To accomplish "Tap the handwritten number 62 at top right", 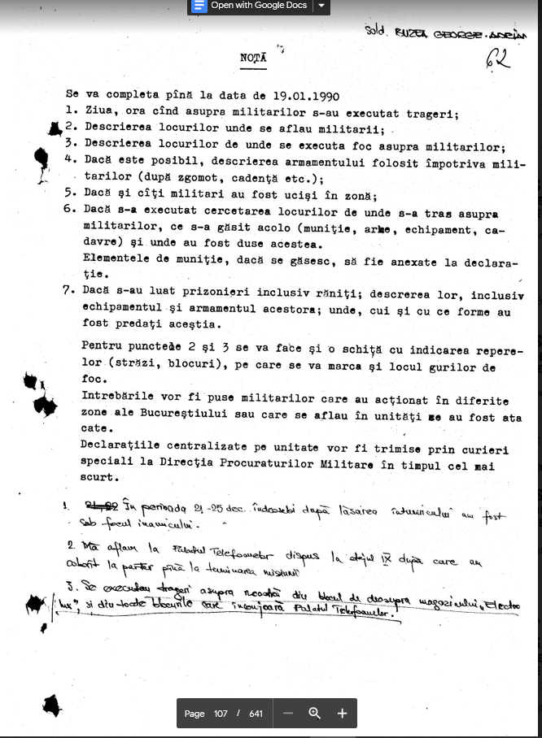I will click(x=499, y=59).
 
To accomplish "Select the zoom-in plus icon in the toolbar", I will click(x=342, y=713).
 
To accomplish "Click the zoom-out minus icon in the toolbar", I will click(x=287, y=713).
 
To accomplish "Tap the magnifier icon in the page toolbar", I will click(x=315, y=713).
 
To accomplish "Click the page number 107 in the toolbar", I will click(x=221, y=714).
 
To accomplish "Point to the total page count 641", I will click(x=256, y=714).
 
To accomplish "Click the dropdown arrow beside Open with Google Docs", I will click(x=322, y=6).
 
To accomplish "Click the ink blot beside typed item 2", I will click(x=55, y=128).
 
